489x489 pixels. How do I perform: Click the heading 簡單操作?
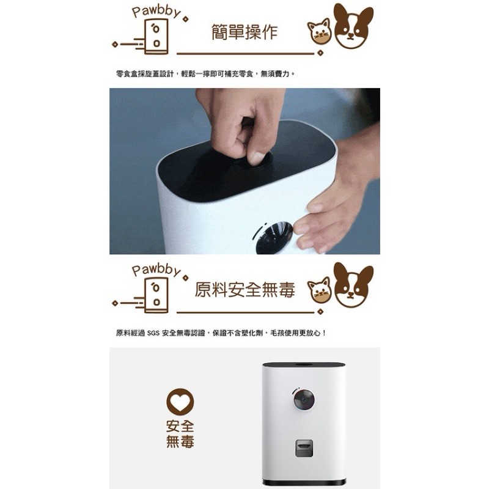[x=244, y=32]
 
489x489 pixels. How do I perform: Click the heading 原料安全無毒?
[x=244, y=290]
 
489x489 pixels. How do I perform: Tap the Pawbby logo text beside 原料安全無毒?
[x=156, y=269]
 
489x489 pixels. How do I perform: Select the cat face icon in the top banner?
[x=319, y=32]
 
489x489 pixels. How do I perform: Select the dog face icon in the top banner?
[x=353, y=26]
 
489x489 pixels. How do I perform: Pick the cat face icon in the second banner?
[x=319, y=290]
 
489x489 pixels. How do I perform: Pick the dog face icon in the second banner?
[x=353, y=284]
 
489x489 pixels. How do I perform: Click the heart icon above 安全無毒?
[x=180, y=402]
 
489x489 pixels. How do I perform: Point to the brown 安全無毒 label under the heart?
[x=180, y=433]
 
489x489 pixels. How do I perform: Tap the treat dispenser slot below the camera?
[x=304, y=448]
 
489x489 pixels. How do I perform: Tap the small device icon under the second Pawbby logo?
[x=156, y=295]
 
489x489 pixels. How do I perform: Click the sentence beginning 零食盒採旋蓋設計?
[x=205, y=73]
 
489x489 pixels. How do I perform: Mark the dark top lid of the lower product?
[x=304, y=365]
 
